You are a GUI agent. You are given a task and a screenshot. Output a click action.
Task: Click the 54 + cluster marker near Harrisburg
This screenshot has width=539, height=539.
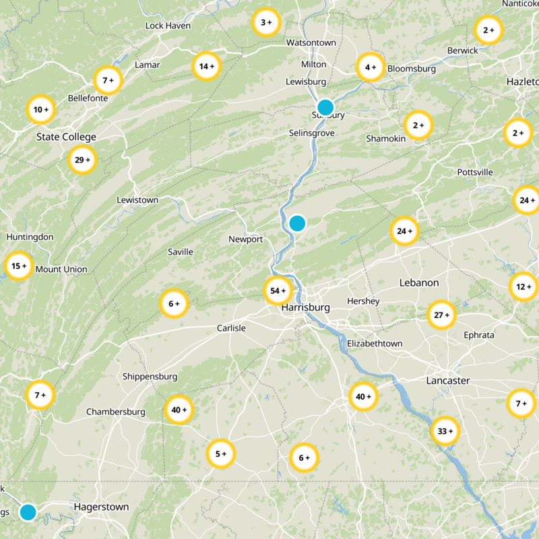pos(278,291)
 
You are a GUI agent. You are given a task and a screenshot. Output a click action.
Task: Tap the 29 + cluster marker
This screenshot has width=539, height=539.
pos(83,160)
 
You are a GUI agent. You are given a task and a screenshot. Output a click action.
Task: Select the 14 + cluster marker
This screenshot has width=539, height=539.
pos(207,66)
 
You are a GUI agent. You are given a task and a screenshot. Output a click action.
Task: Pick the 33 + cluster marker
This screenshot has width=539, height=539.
pos(445,431)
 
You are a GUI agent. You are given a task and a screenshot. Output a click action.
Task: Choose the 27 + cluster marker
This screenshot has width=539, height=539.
pos(442,315)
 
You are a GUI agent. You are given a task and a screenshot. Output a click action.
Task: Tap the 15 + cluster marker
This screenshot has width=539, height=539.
pos(20,266)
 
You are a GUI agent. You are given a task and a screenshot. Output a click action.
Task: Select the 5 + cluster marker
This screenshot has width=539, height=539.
pos(221,453)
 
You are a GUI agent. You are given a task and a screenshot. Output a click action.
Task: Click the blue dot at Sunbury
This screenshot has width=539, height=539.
pos(325,107)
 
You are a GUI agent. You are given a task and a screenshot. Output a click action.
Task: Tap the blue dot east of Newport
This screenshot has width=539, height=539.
pos(297,223)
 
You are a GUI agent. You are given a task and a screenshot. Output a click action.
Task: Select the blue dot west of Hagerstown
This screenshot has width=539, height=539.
pos(28,512)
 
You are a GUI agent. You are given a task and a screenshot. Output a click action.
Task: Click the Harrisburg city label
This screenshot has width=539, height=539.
pos(306,308)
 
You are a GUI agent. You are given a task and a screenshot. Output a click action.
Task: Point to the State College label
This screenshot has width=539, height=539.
pos(66,137)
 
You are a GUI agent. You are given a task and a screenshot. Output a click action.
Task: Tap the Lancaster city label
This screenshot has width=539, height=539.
pos(448,381)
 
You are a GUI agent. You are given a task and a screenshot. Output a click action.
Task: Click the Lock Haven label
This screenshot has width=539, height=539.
pos(168,26)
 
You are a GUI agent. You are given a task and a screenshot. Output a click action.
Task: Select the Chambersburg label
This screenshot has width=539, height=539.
pos(116,412)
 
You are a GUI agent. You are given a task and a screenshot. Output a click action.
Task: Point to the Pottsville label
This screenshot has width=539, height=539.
pos(475,172)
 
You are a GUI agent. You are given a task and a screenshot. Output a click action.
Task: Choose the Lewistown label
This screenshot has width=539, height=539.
pos(137,200)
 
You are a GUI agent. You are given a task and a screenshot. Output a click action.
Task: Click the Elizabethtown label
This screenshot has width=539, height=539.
pos(375,344)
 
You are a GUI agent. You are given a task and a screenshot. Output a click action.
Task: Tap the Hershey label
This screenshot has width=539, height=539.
pos(363,300)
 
